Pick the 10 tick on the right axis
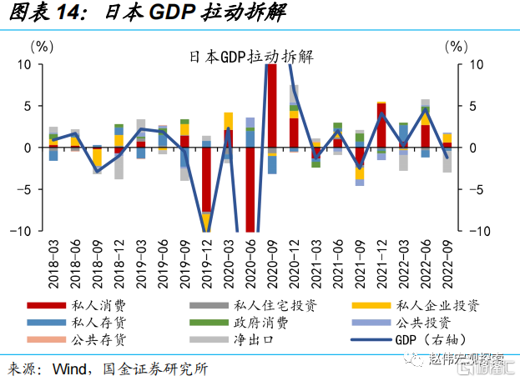point(477,64)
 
